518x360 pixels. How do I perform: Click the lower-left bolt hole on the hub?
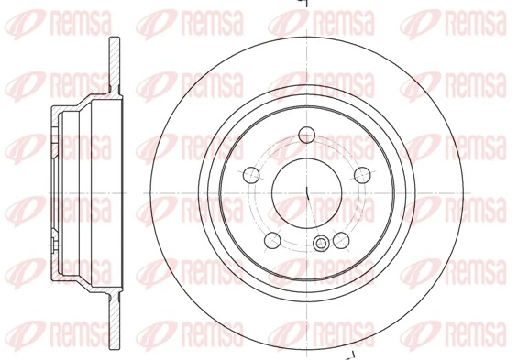[x=271, y=240]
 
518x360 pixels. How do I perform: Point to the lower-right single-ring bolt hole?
[x=339, y=240]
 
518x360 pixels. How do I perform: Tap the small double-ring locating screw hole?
[x=320, y=244]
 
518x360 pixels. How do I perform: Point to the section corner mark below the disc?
[x=348, y=354]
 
